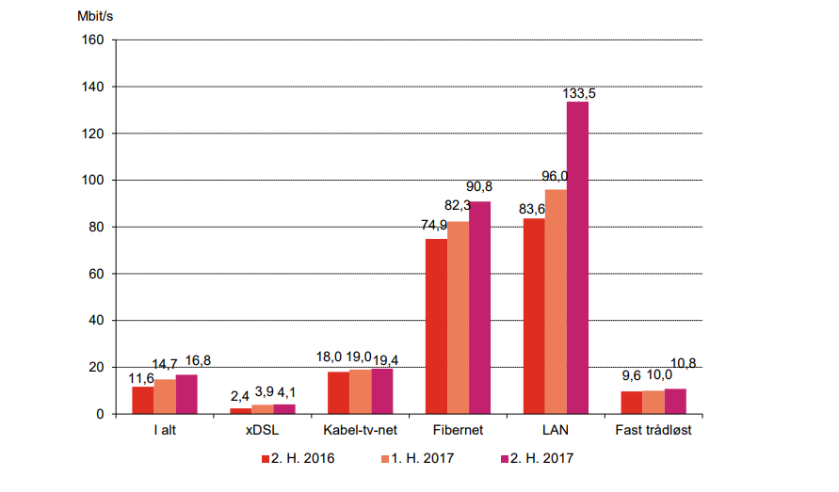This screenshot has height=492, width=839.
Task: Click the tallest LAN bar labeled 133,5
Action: [577, 257]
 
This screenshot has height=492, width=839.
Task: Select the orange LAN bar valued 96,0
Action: [556, 301]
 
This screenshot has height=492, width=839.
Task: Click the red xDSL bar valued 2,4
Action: [241, 410]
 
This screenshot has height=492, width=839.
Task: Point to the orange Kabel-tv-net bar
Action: [360, 391]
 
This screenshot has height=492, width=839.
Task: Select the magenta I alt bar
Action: [186, 393]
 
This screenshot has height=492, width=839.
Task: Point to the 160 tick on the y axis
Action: [94, 40]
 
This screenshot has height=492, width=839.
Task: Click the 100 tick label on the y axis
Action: [94, 180]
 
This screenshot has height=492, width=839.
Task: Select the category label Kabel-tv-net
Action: [360, 431]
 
